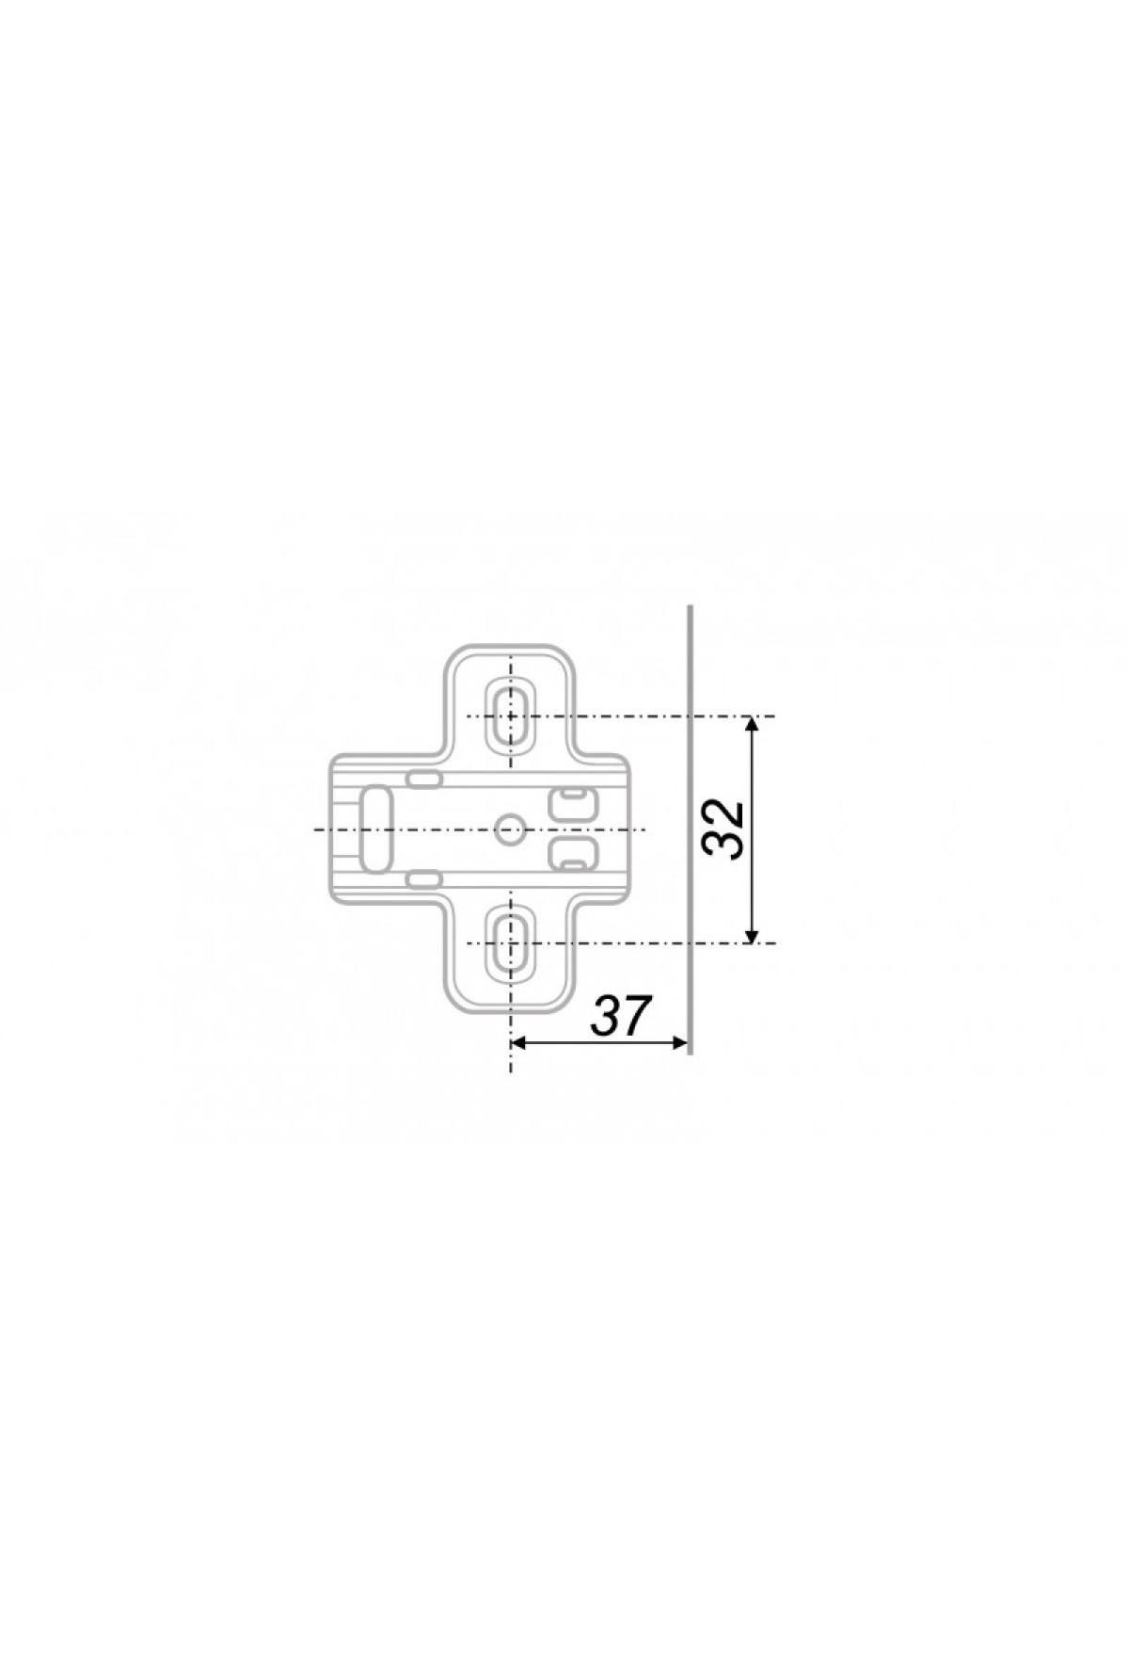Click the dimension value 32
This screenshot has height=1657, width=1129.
coord(724,829)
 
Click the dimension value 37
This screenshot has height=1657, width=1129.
coord(622,1016)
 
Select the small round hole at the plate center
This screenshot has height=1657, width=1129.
coord(511,829)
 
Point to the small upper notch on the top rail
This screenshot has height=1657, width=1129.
coord(424,779)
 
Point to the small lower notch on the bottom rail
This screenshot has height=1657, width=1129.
coord(424,879)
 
